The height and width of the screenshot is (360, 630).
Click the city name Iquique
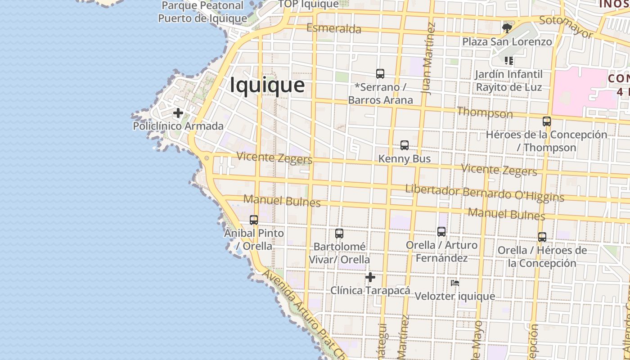tap(267, 85)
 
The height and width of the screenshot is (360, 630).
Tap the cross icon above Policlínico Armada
tap(178, 113)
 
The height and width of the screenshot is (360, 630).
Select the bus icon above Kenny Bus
tap(405, 145)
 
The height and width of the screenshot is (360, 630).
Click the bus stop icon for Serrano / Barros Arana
tap(380, 74)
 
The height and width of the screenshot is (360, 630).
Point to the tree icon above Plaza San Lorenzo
tap(507, 28)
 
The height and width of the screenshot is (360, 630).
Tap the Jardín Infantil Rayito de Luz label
tap(509, 81)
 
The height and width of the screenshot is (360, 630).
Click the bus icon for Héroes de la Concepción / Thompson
tap(547, 121)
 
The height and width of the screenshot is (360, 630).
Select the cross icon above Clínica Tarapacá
tap(370, 277)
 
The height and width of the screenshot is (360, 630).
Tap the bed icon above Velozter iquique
tap(455, 283)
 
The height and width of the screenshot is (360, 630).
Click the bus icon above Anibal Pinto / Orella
tap(254, 220)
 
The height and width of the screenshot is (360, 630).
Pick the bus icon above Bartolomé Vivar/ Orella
tap(339, 234)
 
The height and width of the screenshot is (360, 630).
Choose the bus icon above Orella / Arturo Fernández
tap(441, 232)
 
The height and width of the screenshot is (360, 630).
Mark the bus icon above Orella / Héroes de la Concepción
tap(542, 237)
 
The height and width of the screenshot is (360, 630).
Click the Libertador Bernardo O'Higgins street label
tap(485, 193)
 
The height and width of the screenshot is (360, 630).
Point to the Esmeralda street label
tap(333, 28)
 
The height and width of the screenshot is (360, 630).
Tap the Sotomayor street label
tap(566, 27)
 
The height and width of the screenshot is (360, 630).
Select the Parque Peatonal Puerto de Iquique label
tap(202, 12)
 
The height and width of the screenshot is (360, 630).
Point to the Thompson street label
tap(485, 112)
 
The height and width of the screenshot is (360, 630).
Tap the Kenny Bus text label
tap(405, 159)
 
